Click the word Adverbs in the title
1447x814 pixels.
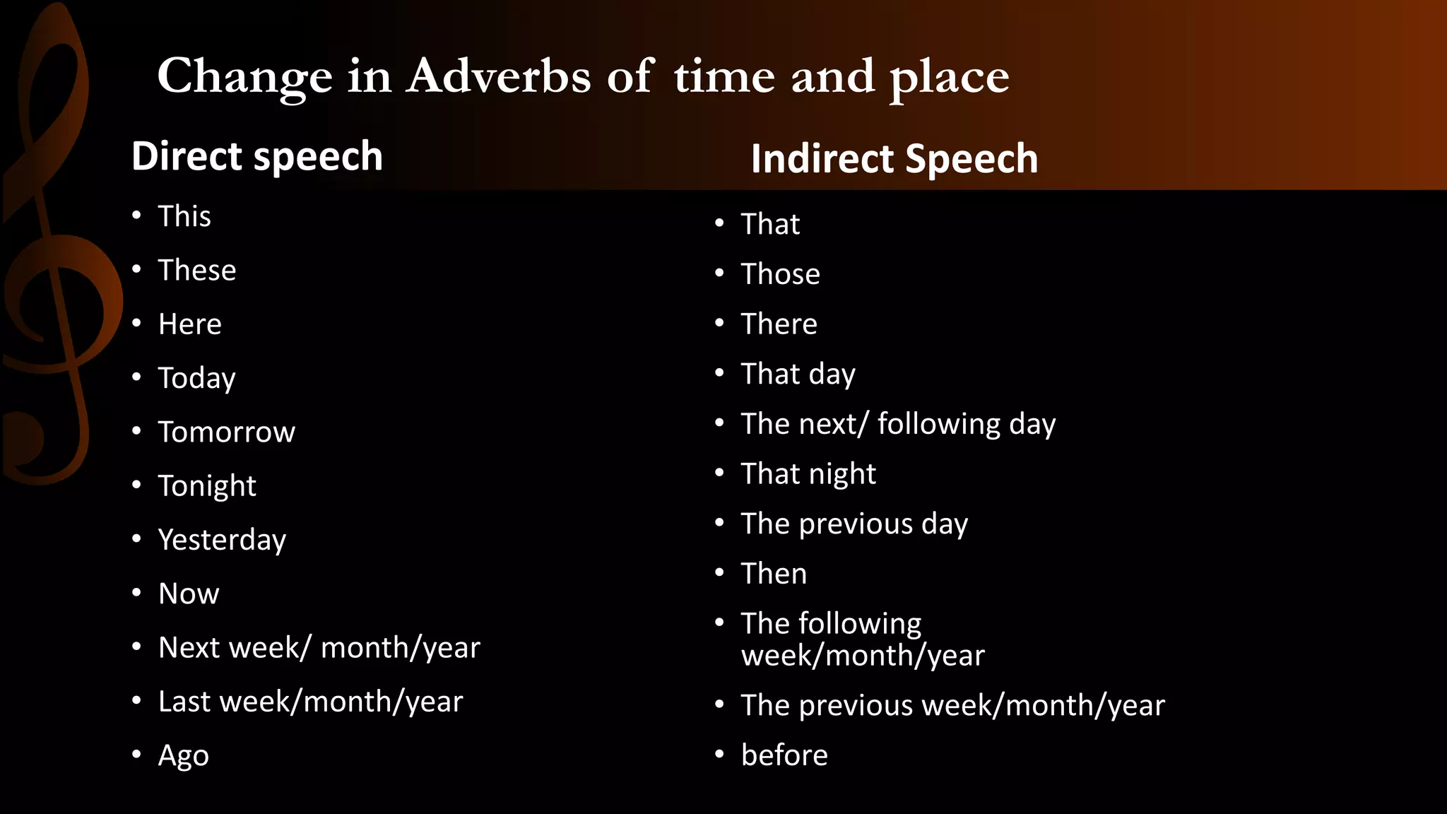(x=498, y=76)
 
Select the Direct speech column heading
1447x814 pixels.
(x=257, y=156)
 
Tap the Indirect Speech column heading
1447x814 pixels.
(x=894, y=159)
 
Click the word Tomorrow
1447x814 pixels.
(x=226, y=432)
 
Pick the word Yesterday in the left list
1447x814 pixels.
(x=222, y=540)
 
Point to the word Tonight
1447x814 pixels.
(x=207, y=486)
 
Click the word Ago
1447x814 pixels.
(x=183, y=756)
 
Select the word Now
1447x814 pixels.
(x=189, y=594)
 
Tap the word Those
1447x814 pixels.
(x=780, y=274)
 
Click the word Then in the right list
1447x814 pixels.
(x=774, y=574)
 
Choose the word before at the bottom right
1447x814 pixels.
(x=784, y=755)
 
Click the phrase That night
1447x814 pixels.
(x=808, y=474)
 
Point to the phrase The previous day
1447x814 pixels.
(x=854, y=524)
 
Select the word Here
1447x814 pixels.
(x=189, y=324)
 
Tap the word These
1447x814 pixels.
(x=196, y=271)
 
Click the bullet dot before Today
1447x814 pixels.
(x=136, y=377)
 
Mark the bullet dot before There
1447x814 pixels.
(x=719, y=324)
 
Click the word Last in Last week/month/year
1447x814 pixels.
(x=184, y=702)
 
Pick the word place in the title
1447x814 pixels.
(x=949, y=78)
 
